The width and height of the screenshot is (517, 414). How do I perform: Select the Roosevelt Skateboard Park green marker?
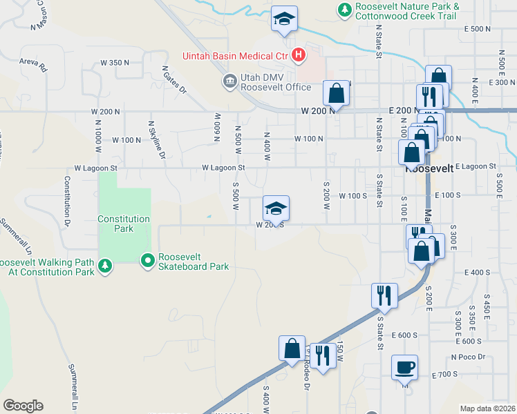147,261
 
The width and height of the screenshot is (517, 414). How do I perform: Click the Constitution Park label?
124,224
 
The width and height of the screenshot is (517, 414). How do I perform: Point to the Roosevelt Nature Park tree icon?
344,10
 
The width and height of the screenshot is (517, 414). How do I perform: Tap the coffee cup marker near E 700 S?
404,366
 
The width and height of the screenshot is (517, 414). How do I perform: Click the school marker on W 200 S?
276,208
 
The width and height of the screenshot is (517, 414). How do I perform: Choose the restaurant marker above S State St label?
384,295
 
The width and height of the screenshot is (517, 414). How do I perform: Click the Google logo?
23,406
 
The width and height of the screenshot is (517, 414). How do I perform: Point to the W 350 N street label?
115,63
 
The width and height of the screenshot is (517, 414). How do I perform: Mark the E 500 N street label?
478,29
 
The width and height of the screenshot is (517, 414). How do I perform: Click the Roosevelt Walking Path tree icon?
104,266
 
